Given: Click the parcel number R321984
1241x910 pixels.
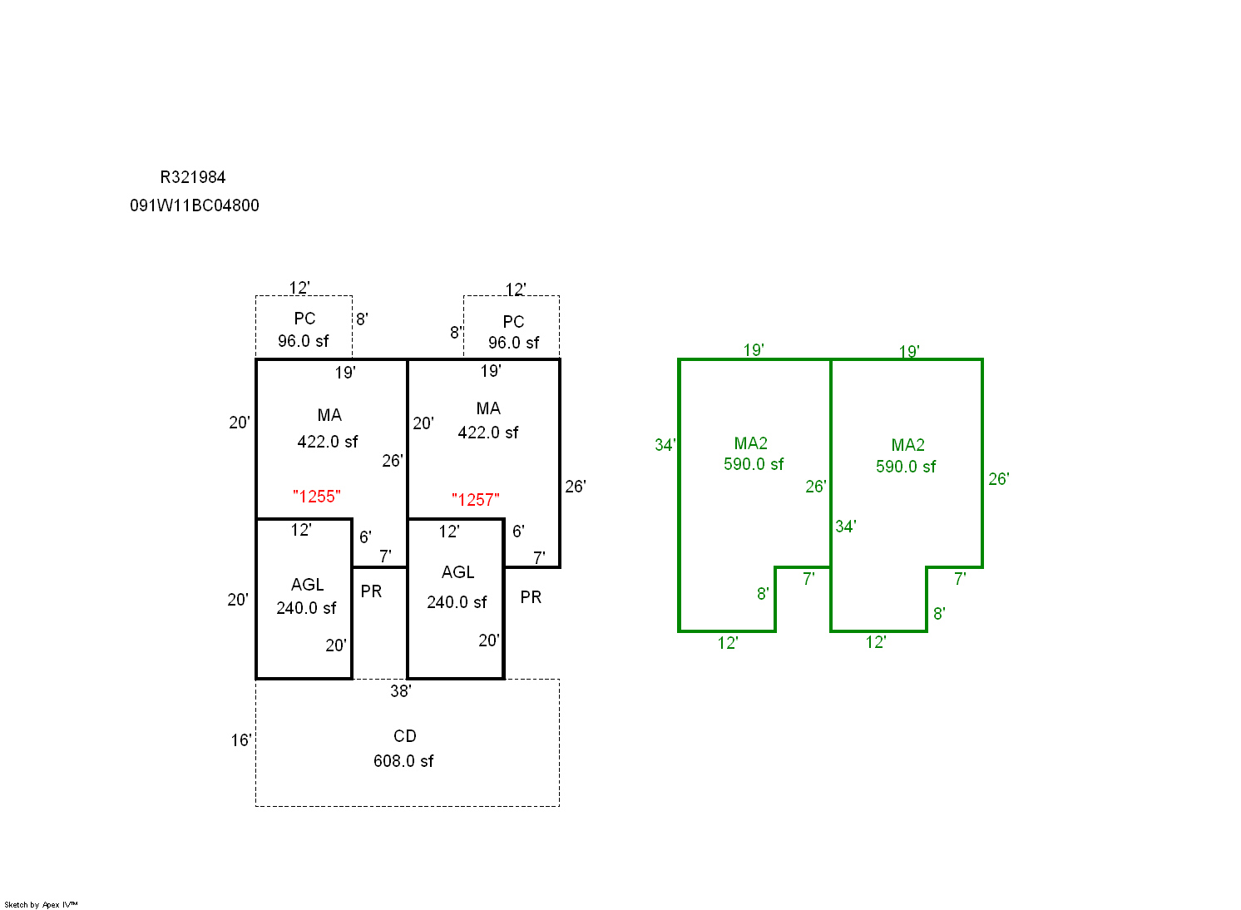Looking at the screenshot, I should tap(193, 177).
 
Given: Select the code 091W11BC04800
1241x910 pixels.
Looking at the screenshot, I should tap(195, 205).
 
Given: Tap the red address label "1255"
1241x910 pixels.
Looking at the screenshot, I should tap(317, 497).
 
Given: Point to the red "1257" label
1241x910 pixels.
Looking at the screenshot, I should tap(476, 500).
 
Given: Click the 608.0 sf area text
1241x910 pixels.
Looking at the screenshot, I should tap(403, 761).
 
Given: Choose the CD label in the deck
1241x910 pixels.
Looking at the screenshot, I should tap(405, 736).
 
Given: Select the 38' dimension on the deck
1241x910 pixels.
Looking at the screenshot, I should tap(401, 691).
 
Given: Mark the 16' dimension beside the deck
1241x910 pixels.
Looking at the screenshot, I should tap(241, 740).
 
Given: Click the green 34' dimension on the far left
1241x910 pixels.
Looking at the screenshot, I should tap(665, 445).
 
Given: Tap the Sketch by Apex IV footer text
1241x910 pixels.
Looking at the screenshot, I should tap(41, 904).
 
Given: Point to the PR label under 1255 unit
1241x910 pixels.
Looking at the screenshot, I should tap(372, 591).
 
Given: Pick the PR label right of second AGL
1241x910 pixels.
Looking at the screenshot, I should tap(531, 597).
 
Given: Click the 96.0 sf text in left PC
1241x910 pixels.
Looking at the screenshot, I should tap(304, 341).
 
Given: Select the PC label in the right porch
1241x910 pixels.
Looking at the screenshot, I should tap(513, 322).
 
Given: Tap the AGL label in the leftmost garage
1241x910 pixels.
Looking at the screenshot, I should tap(308, 585).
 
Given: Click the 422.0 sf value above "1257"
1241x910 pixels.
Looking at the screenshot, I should tap(488, 433).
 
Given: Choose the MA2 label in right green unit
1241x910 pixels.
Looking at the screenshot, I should tap(908, 445).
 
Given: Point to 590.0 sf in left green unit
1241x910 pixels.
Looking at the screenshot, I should tap(754, 464).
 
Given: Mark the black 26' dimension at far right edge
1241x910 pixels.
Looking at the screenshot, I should tap(576, 487).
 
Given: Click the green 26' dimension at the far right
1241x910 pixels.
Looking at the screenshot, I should tap(999, 479).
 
